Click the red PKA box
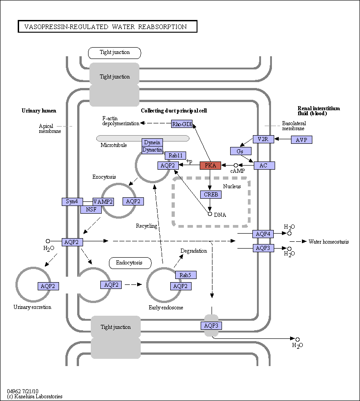(210, 166)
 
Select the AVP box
(301, 140)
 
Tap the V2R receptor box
(263, 139)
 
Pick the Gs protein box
(241, 151)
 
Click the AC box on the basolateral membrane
(264, 166)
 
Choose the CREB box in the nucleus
(211, 195)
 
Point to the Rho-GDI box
(182, 124)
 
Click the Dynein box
(152, 142)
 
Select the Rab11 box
(176, 156)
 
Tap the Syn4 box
(72, 201)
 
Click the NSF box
(91, 210)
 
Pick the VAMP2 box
(103, 201)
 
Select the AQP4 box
(263, 234)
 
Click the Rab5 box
(186, 275)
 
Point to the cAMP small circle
(236, 166)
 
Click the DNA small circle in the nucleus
(210, 214)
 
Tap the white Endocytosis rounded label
(130, 263)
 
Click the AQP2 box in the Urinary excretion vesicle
(48, 286)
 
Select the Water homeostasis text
(329, 242)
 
